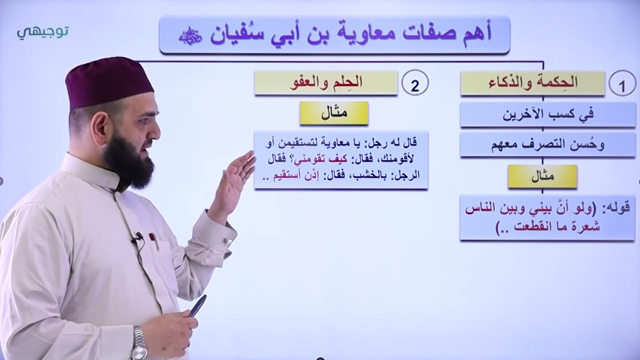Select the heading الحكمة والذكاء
[x=532, y=83]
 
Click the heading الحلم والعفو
[x=325, y=83]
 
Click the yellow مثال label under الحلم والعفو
[x=334, y=113]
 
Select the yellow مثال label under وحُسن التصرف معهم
[x=542, y=176]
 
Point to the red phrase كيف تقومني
[x=318, y=158]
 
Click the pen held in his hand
[x=197, y=305]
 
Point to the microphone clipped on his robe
[x=138, y=236]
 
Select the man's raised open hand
[x=235, y=180]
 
